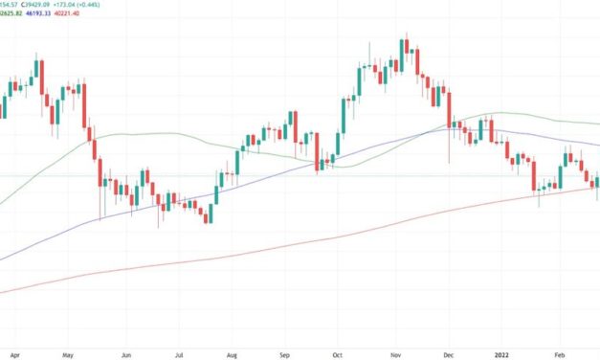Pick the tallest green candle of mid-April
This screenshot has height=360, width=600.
coord(36,73)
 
